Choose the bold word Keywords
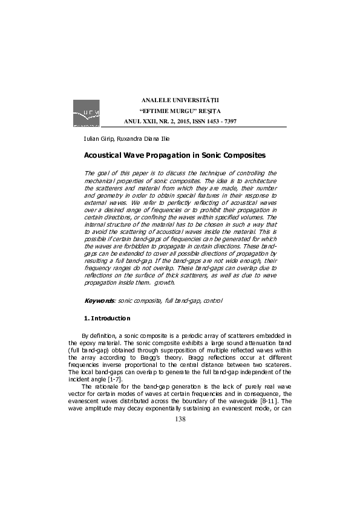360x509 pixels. coord(99,300)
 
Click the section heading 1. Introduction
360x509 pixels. coord(107,318)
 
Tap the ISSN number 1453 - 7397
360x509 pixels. coord(222,121)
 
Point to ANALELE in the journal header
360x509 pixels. coord(156,99)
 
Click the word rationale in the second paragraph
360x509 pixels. coord(108,386)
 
